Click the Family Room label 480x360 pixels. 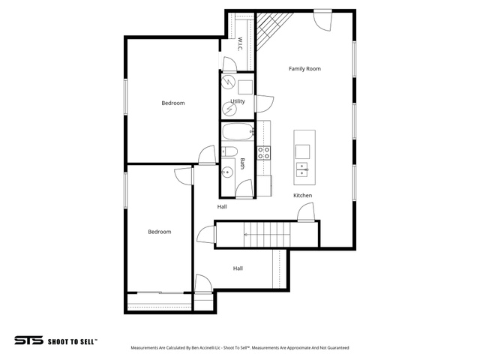tap(304, 69)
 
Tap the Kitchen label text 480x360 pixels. tap(303, 195)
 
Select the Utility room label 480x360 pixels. tap(238, 101)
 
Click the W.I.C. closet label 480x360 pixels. tap(240, 44)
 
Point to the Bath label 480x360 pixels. tap(242, 163)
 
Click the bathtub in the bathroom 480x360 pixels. tap(238, 132)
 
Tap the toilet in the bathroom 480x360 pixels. tap(229, 151)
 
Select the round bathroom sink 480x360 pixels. tap(227, 173)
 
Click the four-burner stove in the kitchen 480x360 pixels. tap(263, 153)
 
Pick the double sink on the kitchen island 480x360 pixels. tap(301, 169)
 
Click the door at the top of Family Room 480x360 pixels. tap(322, 19)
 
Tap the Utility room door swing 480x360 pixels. tap(264, 103)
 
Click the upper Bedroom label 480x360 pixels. tap(173, 103)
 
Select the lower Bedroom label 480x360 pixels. tap(160, 232)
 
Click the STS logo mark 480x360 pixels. tap(28, 340)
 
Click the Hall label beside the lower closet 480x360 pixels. tap(238, 268)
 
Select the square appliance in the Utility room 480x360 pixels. tap(245, 87)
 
